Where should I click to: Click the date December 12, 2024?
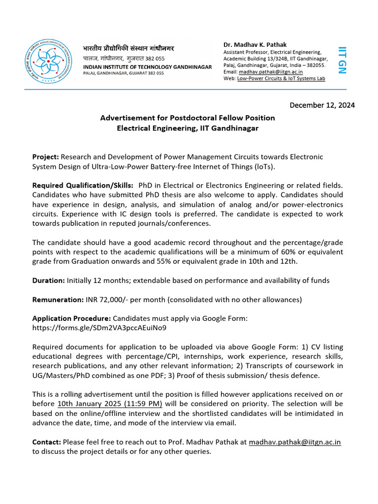pyautogui.click(x=322, y=105)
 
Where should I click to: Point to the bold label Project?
pyautogui.click(x=45, y=157)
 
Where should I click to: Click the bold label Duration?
pyautogui.click(x=48, y=280)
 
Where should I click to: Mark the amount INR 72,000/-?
pyautogui.click(x=104, y=299)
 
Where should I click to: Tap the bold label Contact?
pyautogui.click(x=47, y=442)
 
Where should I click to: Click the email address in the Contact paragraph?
pyautogui.click(x=294, y=442)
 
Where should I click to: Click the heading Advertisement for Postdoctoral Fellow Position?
pyautogui.click(x=188, y=118)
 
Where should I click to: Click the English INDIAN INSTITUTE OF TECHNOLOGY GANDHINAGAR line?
pyautogui.click(x=148, y=66)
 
